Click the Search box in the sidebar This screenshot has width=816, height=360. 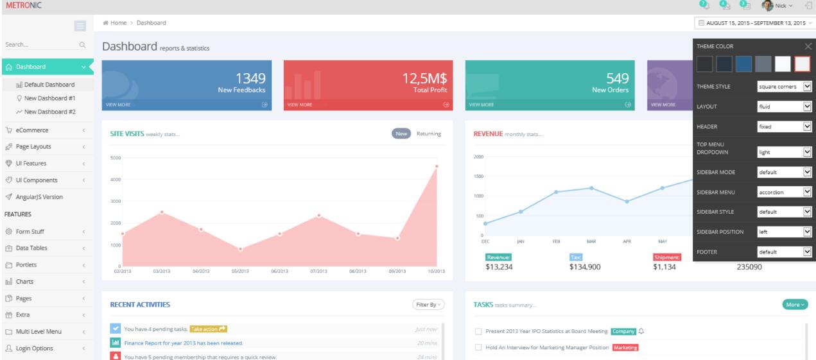pos(39,45)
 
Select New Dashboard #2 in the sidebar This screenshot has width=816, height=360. pos(50,112)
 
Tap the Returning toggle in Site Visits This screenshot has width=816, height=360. pos(429,133)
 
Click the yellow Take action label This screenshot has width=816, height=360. pos(209,329)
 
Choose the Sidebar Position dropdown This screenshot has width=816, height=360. pos(785,232)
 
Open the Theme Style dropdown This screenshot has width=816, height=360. pos(785,86)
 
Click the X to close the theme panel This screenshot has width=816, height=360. pos(808,46)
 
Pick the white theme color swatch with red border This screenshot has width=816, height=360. pos(803,64)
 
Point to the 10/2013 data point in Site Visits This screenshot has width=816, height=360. pos(437,167)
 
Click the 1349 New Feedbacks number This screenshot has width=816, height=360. pos(250,79)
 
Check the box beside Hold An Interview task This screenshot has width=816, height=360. pos(478,348)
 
